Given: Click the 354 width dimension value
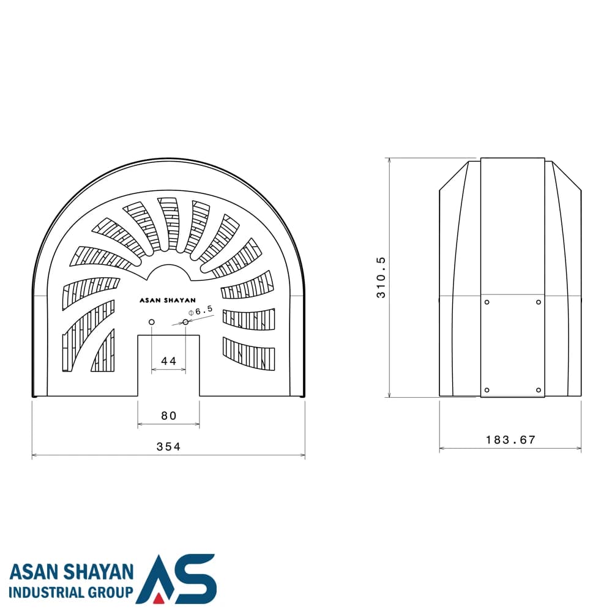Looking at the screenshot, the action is point(169,447).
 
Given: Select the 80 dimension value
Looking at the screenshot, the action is point(169,416).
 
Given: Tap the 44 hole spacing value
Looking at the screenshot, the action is point(169,361).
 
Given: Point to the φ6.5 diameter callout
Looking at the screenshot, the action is point(201,311).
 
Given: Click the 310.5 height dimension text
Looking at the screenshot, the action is point(381,277).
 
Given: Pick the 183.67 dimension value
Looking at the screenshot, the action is point(510,440).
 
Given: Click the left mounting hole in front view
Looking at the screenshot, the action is point(151,322).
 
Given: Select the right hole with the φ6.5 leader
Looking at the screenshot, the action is point(185,322).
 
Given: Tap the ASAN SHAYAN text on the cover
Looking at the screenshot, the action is point(168,300).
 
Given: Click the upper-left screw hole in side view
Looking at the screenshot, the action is point(487,302).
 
